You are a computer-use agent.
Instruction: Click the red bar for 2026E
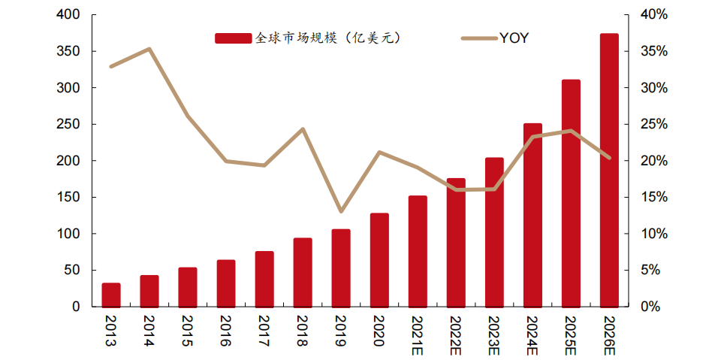click(609, 171)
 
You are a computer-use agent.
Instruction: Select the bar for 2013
click(111, 295)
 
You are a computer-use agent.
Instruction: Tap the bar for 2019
click(341, 268)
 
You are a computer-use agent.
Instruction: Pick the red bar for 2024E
click(533, 216)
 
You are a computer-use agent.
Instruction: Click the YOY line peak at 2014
click(149, 49)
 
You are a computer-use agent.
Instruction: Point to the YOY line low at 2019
click(341, 211)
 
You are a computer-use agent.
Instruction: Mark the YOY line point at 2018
click(303, 129)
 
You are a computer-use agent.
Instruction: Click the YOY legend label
click(514, 38)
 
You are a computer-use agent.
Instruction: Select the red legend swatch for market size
click(234, 38)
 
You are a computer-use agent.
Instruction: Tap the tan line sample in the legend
click(478, 38)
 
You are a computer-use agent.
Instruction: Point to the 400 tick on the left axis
click(70, 15)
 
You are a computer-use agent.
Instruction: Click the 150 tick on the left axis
click(70, 198)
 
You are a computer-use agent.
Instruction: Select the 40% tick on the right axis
click(654, 15)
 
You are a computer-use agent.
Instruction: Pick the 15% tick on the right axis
click(654, 198)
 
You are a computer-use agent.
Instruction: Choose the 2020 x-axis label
click(379, 331)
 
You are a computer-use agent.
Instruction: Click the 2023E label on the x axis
click(494, 335)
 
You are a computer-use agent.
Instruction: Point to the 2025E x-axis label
click(571, 335)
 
